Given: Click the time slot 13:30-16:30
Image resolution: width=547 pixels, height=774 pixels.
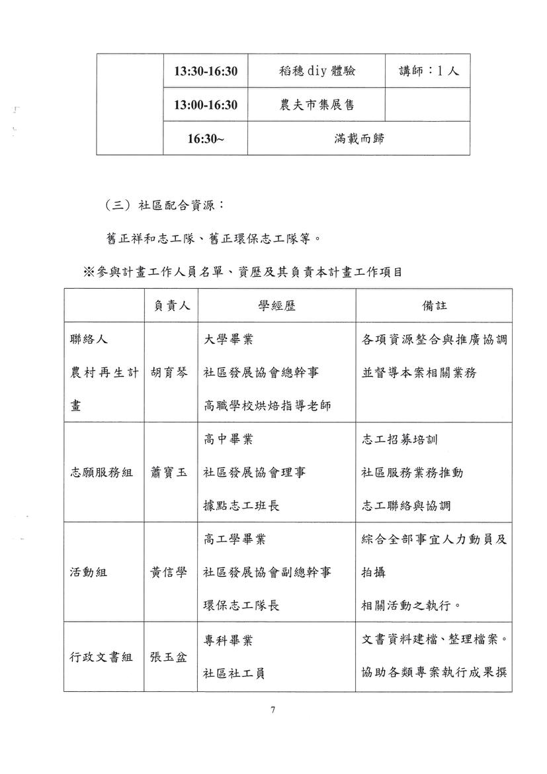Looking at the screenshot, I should coord(206,71).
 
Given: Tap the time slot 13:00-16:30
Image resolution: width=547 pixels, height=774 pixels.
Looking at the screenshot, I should coord(206,105).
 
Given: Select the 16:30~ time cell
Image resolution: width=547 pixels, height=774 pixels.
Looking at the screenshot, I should coord(206,139).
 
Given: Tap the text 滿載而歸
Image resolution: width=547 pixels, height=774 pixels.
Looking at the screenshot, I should coord(359,139).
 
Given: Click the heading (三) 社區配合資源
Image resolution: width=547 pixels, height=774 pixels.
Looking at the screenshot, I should coord(165,205).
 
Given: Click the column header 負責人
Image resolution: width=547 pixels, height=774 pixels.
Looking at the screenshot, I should coord(171,306).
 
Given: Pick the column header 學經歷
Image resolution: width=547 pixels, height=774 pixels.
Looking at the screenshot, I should coord(276,306).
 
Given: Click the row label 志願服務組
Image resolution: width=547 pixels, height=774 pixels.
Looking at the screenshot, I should coord(101,472).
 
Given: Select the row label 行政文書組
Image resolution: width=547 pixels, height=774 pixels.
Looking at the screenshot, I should coord(101,657).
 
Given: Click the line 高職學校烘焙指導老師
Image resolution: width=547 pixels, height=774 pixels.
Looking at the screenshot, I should coord(267,407).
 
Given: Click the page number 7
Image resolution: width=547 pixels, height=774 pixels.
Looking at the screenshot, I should coord(273,710).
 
